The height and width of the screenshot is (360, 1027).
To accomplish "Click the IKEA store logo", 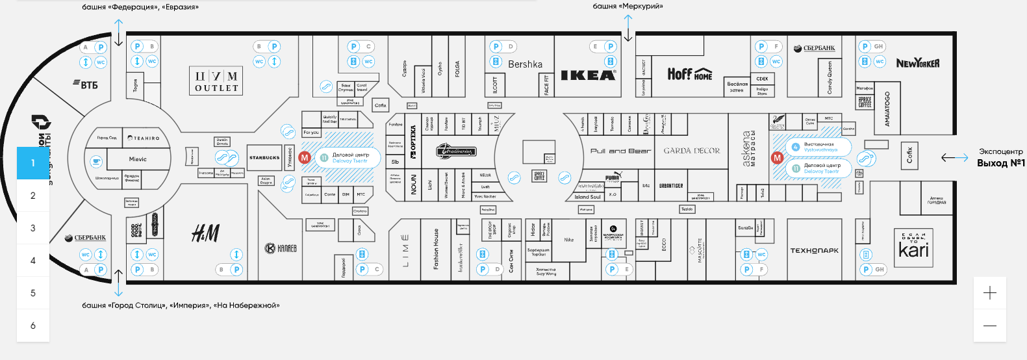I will pos(588,75).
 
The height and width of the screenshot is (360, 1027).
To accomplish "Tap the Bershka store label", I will pos(525,64).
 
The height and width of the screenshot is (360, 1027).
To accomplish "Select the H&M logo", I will pos(205,233).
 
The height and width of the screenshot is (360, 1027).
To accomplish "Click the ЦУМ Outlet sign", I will pos(217,81).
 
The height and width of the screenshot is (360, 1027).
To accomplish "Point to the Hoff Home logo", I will pos(689,74).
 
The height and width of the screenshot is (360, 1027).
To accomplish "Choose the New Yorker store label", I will pos(917,63).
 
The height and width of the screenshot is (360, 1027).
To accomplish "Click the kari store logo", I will pos(913,248).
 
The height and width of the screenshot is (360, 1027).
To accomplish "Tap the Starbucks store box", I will pos(264,158).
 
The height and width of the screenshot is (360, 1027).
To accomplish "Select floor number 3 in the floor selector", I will pos(33,228).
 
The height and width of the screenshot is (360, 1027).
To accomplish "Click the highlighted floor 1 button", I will pos(33,163).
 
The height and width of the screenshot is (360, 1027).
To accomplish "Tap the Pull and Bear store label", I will pos(620,151).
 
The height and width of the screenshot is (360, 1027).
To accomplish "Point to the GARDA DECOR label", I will pos(691,151).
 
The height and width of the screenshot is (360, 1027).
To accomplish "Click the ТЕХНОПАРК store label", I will pos(814,250).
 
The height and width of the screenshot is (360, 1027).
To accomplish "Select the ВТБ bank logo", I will pos(85,84).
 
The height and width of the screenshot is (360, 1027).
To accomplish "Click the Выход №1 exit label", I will pos(1000,163).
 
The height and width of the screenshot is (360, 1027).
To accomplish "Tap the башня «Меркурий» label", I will pos(628,6).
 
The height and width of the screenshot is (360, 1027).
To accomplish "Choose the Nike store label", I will pos(569,240).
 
